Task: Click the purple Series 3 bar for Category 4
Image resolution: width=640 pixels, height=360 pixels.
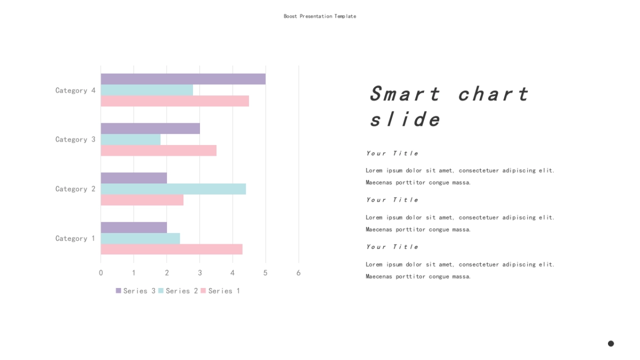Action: click(183, 79)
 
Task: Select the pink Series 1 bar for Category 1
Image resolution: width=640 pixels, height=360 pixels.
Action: click(172, 249)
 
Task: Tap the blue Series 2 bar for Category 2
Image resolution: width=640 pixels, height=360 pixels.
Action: click(173, 189)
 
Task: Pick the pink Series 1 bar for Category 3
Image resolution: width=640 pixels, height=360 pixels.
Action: click(158, 150)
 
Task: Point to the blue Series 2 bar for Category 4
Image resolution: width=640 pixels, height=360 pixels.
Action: click(147, 90)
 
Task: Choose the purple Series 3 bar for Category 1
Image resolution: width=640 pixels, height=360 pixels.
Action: click(134, 227)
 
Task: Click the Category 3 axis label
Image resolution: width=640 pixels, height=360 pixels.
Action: click(75, 139)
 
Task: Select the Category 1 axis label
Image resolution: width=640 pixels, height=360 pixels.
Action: click(75, 238)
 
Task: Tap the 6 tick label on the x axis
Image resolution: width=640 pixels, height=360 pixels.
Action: click(299, 273)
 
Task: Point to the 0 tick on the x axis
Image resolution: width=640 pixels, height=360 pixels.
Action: click(101, 273)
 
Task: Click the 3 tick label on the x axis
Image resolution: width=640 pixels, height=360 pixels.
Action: click(199, 273)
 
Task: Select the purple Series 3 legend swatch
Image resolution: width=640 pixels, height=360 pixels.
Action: click(118, 291)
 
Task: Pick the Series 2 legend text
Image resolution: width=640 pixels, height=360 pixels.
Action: click(182, 291)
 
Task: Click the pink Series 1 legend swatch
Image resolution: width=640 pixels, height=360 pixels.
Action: click(203, 291)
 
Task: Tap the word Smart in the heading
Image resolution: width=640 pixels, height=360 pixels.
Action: click(405, 94)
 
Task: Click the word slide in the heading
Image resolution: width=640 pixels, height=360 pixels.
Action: click(405, 118)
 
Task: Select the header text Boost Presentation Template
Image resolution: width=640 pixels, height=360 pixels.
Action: click(320, 17)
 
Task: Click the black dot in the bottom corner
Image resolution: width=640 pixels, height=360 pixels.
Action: click(611, 343)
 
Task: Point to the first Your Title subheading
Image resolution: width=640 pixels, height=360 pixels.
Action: click(393, 154)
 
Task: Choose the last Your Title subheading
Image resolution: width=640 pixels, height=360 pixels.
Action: click(393, 247)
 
